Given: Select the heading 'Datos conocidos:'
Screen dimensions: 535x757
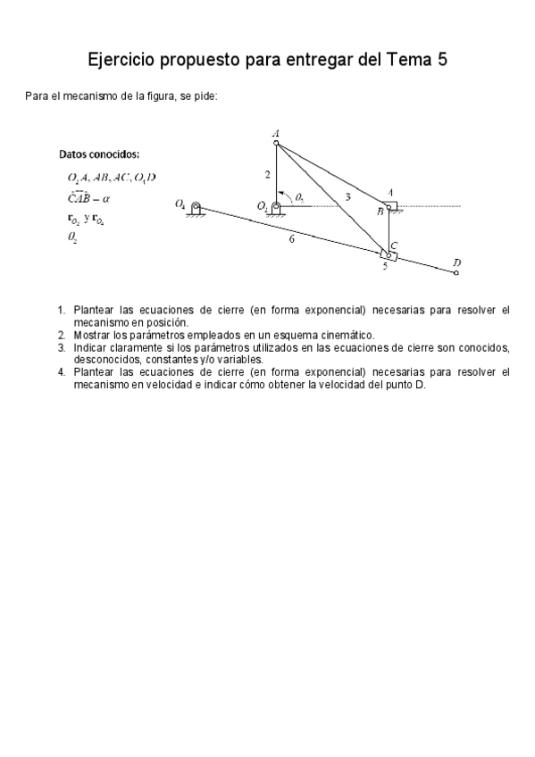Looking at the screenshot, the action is point(98,154).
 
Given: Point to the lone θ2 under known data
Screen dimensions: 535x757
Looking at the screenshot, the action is point(71,237).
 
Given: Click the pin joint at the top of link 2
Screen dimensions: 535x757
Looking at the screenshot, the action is point(277,142).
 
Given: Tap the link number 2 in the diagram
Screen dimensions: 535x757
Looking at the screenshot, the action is point(267,173).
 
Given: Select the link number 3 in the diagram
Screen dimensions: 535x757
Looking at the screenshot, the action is point(347,195).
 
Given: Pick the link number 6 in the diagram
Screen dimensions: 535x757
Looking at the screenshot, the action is point(292,239).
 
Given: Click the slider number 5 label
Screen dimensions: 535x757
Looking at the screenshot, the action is point(385,266).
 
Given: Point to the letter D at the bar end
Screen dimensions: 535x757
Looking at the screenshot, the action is point(456,262).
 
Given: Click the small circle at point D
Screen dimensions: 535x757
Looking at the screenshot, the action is point(456,271).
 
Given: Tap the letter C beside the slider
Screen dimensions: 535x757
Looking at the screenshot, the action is point(394,245).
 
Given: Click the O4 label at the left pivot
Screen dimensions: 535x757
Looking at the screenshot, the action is point(180,204).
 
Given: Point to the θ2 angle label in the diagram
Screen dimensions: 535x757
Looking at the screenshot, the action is point(299,196).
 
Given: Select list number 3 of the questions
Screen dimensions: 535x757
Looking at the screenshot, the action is point(62,347).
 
